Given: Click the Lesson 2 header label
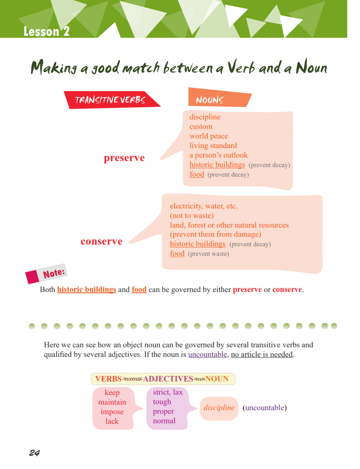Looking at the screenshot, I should (x=46, y=31).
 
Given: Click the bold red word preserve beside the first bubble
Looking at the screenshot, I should (x=124, y=158).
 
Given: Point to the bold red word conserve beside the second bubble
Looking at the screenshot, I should (x=101, y=241).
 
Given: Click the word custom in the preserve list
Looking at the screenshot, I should (x=201, y=126).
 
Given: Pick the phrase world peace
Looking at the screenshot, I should (x=209, y=136).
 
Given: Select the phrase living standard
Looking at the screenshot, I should (x=213, y=146).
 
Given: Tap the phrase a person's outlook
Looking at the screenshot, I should (x=218, y=155).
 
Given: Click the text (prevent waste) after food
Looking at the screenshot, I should (x=208, y=254).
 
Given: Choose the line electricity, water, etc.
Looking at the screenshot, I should (x=204, y=206).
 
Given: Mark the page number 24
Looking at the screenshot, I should (x=34, y=453).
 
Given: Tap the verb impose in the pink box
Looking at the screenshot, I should (x=112, y=412).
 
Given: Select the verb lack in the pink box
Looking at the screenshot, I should (x=112, y=421).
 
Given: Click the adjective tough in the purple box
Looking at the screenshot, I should (x=162, y=402).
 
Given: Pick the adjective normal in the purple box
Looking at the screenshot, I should (x=164, y=421).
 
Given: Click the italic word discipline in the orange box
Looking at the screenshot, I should (x=219, y=408).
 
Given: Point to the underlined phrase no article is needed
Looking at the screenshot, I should (x=262, y=354).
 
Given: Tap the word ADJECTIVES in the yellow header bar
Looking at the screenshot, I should (x=168, y=379).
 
